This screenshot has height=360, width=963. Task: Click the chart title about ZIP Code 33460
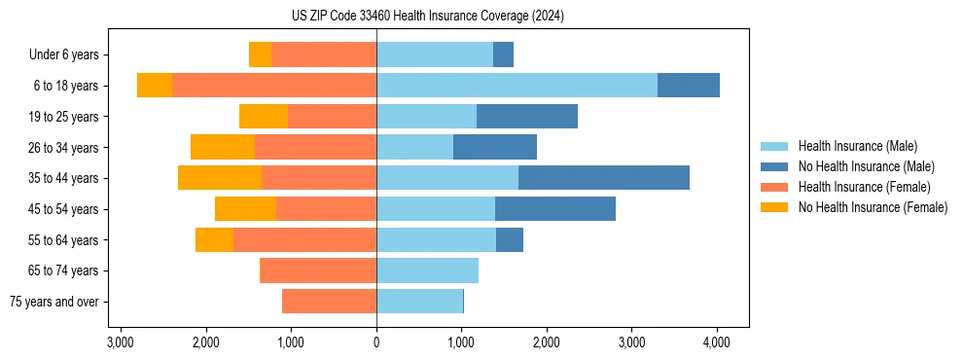pos(427,17)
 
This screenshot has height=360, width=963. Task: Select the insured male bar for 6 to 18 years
pos(517,85)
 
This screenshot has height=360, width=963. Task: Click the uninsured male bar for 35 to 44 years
pos(603,178)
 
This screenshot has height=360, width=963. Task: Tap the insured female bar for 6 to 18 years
pos(274,85)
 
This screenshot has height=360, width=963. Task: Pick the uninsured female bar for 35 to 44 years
pos(220,178)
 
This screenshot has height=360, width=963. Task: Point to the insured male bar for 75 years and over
pos(419,302)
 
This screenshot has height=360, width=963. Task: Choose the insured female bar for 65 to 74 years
pos(318,270)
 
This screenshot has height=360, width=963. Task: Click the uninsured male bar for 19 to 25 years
pos(526,116)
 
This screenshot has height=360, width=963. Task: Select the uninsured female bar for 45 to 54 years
pos(245,208)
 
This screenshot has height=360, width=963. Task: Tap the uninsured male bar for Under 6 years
pos(503,54)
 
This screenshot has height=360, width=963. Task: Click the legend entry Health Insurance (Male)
pos(857,146)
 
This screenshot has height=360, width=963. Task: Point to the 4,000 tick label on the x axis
pos(717,342)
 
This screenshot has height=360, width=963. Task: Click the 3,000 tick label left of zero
pos(121,342)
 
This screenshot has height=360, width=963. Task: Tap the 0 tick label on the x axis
pos(376,342)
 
